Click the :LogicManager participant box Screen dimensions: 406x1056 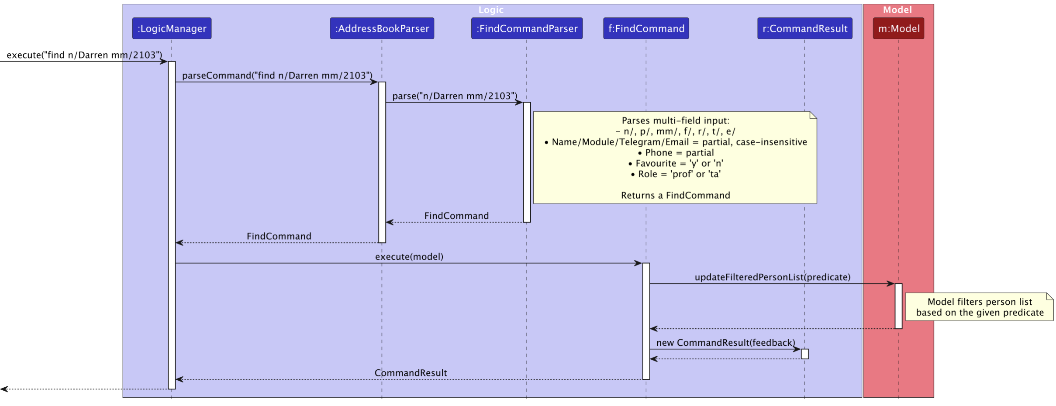click(172, 28)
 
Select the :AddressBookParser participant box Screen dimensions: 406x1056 click(382, 28)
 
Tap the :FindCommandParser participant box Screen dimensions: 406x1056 click(527, 28)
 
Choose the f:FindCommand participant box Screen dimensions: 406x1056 click(646, 28)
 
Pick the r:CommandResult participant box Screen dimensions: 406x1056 click(804, 28)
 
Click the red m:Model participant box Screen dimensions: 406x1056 click(898, 28)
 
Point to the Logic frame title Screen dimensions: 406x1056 click(491, 10)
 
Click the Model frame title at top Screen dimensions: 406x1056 click(897, 10)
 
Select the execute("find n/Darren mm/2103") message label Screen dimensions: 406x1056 click(84, 55)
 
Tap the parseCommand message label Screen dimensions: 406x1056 click(277, 76)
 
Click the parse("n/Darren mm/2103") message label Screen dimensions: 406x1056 click(455, 96)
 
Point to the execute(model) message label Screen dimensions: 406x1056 click(409, 257)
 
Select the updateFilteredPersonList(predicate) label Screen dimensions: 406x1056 click(772, 277)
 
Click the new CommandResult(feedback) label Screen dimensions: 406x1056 click(725, 343)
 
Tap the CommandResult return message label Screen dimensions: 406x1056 click(411, 373)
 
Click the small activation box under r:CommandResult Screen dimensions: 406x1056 click(804, 354)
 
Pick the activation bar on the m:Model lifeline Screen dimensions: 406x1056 click(898, 306)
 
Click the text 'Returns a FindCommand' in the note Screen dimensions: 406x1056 click(675, 196)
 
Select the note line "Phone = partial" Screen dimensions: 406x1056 click(675, 153)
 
